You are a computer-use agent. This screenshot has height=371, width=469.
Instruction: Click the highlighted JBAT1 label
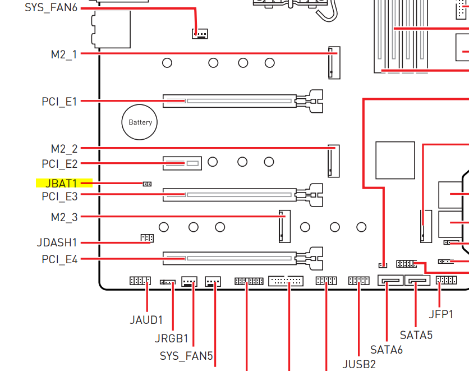[61, 183]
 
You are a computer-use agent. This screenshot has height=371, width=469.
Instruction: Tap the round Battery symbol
[139, 122]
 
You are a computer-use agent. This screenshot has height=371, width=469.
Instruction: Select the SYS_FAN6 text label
[51, 7]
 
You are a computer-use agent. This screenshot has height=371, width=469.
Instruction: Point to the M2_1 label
[64, 54]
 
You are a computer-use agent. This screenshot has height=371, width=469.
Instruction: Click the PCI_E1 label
[59, 102]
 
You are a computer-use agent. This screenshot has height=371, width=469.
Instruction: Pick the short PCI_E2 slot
[182, 163]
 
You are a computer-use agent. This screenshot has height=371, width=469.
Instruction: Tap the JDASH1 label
[57, 242]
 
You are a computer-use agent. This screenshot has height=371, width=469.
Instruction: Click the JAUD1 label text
[146, 320]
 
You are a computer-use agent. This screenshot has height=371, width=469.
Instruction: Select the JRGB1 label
[172, 338]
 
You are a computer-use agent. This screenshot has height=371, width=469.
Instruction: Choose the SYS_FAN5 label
[186, 356]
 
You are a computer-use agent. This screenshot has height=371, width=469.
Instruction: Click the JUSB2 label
[359, 364]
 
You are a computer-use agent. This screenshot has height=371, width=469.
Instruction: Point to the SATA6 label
[387, 350]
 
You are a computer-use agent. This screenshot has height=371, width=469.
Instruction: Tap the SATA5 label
[416, 335]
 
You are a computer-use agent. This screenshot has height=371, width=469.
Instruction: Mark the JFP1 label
[441, 314]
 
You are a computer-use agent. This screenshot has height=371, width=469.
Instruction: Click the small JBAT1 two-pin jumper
[147, 184]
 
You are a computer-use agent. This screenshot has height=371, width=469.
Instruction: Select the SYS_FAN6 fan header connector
[200, 34]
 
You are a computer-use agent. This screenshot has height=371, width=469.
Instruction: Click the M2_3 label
[64, 217]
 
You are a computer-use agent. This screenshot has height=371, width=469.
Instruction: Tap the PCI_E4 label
[59, 259]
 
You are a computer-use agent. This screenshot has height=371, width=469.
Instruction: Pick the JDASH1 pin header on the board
[147, 238]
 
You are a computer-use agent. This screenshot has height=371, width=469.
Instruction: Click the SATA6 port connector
[390, 280]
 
